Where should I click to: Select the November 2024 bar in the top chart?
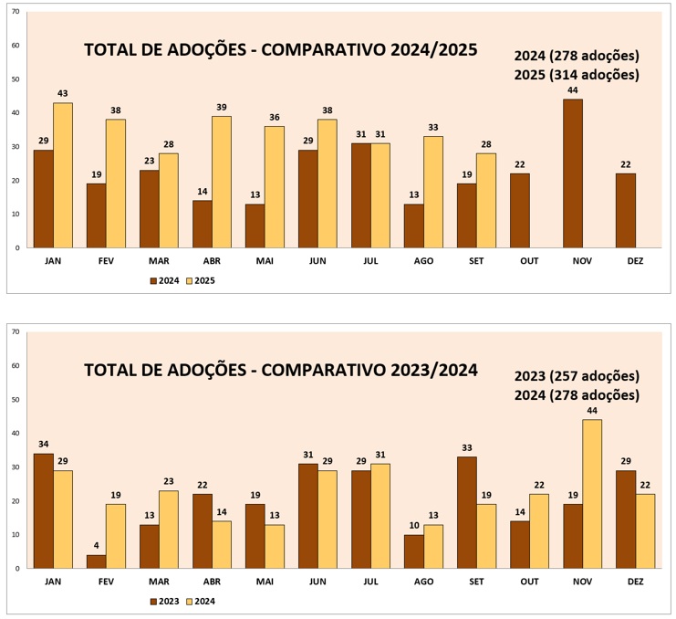coord(573,173)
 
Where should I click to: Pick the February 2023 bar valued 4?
coord(97,561)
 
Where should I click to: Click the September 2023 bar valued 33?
coord(467,512)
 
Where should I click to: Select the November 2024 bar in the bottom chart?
coord(592,494)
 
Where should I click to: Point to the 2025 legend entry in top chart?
coord(201,280)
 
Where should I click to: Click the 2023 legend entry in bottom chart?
coord(164,601)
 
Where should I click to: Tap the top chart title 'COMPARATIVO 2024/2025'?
coord(280,50)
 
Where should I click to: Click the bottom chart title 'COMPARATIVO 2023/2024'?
coord(280,370)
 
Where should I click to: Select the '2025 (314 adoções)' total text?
coord(576,75)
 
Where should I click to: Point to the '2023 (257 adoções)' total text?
coord(576,376)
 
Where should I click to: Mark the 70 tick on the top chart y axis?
coord(16,12)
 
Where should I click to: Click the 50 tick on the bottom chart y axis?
coord(16,400)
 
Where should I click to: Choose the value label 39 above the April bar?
coord(222,108)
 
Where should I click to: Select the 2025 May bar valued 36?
coord(275,187)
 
